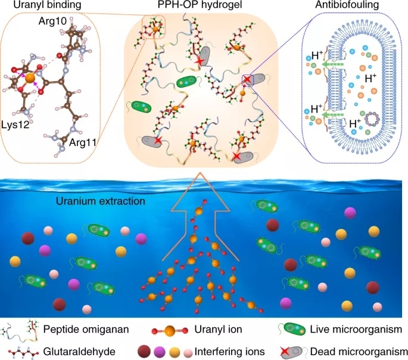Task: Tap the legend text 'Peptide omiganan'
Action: click(77, 328)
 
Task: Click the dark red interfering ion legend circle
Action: click(144, 350)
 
